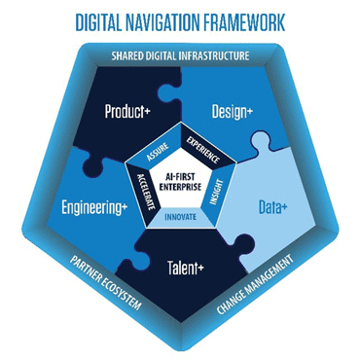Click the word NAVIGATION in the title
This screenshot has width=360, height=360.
coord(162,22)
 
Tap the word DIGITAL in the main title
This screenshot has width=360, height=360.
coord(98,22)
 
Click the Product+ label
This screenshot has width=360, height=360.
coord(127,112)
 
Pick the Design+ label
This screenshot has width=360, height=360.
coord(232,112)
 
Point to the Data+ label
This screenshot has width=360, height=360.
coord(272,207)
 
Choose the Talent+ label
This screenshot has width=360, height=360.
coord(186,268)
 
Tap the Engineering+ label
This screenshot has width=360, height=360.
coord(94,207)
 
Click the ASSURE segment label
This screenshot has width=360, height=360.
coord(158,152)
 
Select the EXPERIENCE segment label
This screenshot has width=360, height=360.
coord(203,150)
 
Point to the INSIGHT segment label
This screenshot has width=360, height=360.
coord(216,192)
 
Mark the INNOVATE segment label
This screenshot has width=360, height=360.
coord(180,217)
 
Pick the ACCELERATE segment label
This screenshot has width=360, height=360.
coord(146,192)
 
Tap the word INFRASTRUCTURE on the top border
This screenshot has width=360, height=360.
coord(214,55)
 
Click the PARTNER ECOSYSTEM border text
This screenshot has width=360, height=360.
coord(106,282)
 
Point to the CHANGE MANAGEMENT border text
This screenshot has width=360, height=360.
coord(255,284)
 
